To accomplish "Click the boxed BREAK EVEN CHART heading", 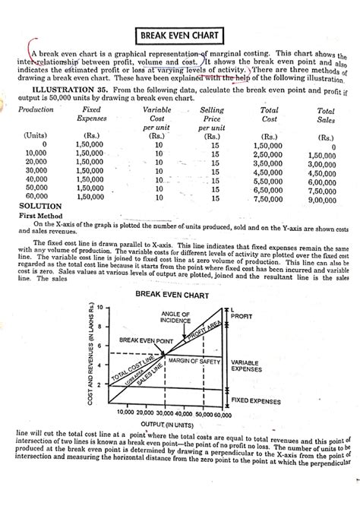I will tap(179, 36).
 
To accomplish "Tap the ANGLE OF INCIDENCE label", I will tap(176, 318).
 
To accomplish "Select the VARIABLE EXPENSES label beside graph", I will tap(251, 366).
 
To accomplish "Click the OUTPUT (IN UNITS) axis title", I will tap(169, 422).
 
